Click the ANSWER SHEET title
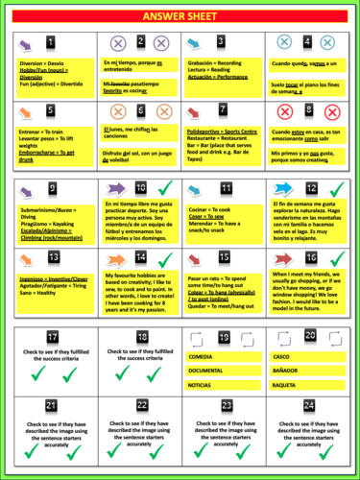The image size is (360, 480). (180, 16)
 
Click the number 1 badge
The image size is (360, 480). (50, 42)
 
